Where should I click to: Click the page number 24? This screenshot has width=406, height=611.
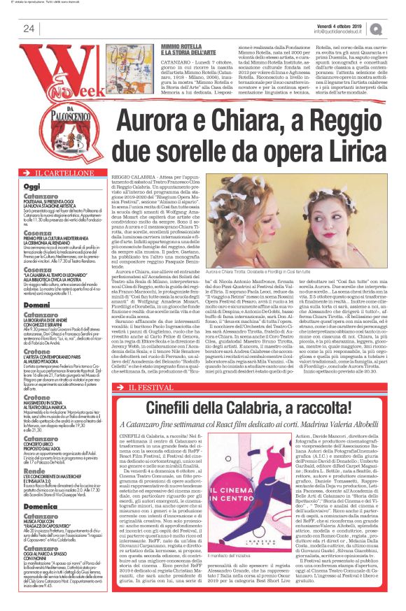click(29, 28)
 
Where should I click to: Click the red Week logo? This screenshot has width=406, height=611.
click(59, 70)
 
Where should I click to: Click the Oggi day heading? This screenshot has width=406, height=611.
click(32, 187)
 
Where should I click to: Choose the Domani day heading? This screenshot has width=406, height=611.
click(36, 326)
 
